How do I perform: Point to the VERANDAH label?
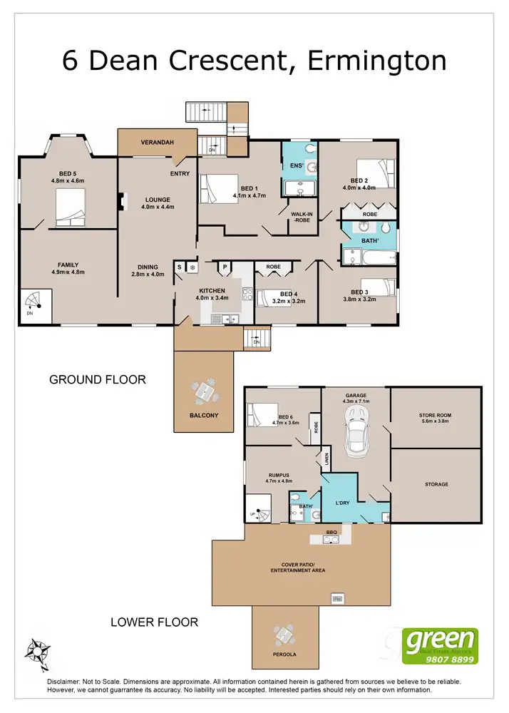pyautogui.click(x=157, y=143)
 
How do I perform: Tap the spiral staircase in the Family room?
pyautogui.click(x=36, y=305)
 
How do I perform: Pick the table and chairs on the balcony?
pyautogui.click(x=204, y=392)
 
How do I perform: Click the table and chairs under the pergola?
pyautogui.click(x=284, y=633)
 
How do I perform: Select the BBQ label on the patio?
pyautogui.click(x=331, y=532)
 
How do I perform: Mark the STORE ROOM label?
pyautogui.click(x=436, y=416)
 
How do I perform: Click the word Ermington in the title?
pyautogui.click(x=377, y=61)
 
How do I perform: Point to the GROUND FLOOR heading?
pyautogui.click(x=97, y=379)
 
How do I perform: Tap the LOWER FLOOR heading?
pyautogui.click(x=154, y=622)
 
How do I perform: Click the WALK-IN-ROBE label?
pyautogui.click(x=299, y=216)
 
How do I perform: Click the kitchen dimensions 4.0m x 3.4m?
pyautogui.click(x=212, y=298)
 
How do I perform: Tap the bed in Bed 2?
pyautogui.click(x=376, y=173)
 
